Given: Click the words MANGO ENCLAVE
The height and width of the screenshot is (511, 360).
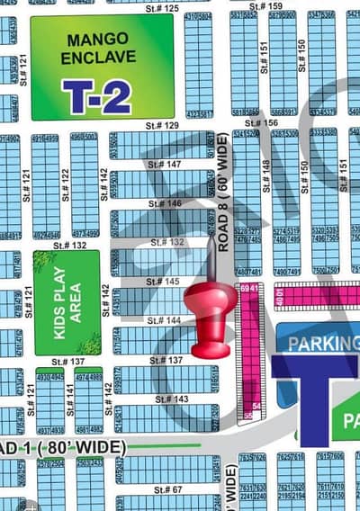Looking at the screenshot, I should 99,49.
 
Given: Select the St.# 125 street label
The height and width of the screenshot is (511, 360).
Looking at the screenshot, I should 161,7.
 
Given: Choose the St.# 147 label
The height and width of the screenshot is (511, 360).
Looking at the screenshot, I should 162,165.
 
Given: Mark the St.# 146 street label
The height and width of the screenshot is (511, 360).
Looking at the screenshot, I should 162,204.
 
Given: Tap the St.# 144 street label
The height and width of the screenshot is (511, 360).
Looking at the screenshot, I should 163,320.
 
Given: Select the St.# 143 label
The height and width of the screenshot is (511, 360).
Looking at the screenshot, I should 171,399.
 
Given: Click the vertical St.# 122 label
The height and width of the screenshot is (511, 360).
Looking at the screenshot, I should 65,184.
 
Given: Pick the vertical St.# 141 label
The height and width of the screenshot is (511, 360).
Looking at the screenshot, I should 70,395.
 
